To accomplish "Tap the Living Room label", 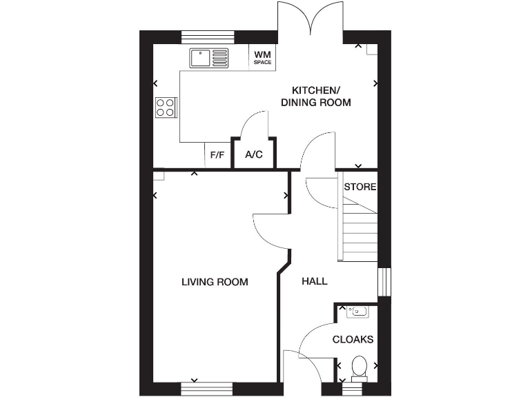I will (x=215, y=282).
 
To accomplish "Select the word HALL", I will (x=314, y=282).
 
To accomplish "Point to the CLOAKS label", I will (x=353, y=339).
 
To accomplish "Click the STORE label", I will (x=360, y=187).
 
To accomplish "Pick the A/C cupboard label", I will (x=254, y=154).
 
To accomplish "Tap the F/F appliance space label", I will (x=217, y=155).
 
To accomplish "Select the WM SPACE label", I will (x=262, y=57).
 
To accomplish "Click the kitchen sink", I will (x=209, y=57).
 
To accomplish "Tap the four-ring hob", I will (x=166, y=108).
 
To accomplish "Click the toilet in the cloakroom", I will (x=359, y=366).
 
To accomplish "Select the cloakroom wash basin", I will (x=357, y=312).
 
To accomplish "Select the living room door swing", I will (x=271, y=232).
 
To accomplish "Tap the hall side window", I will (x=384, y=281).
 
